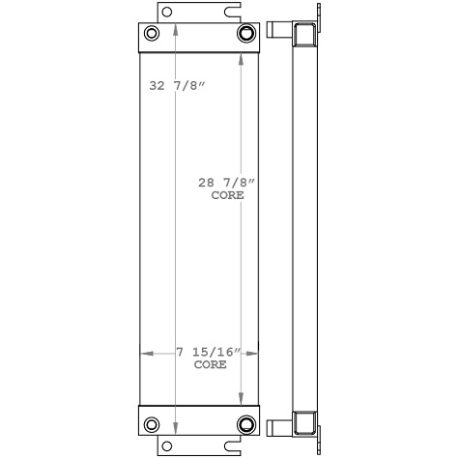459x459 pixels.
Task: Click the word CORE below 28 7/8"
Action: [227, 195]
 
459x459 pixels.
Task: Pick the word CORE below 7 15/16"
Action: [210, 365]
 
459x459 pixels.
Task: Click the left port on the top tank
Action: [153, 36]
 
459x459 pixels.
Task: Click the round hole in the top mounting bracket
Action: [166, 13]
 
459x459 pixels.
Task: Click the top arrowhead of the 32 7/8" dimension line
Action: [175, 28]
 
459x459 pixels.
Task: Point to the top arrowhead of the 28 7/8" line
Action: [240, 56]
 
